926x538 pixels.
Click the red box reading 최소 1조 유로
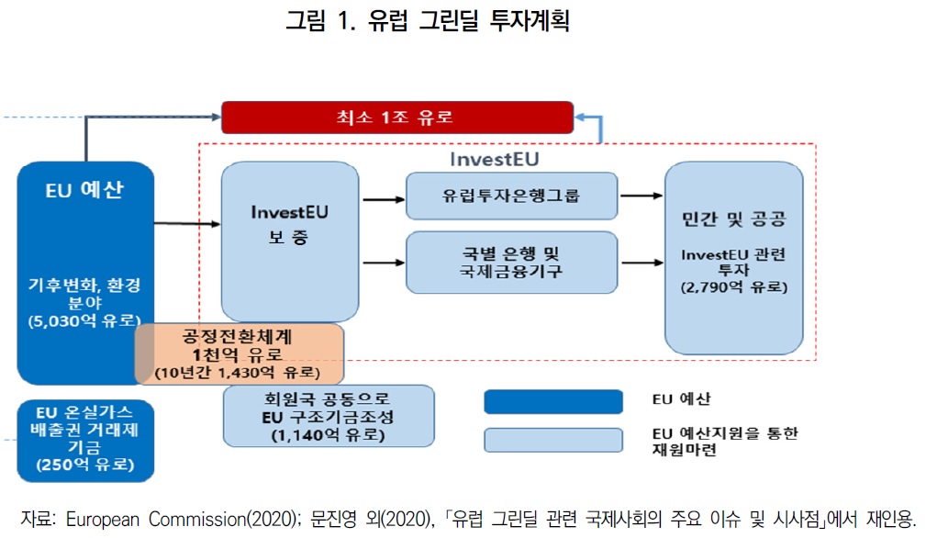tap(396, 118)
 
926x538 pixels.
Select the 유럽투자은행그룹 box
tap(511, 196)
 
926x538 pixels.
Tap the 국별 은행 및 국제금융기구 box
tap(511, 262)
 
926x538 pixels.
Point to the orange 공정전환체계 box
tap(240, 353)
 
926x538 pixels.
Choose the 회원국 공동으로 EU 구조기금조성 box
tap(329, 416)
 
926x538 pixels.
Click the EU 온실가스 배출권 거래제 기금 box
tap(84, 440)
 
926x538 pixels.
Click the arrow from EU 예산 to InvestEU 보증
tap(187, 222)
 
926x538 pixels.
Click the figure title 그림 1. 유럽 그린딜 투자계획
tap(428, 20)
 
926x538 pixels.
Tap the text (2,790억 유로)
tap(733, 287)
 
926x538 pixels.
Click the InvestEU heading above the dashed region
tap(494, 159)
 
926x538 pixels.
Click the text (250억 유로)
tap(84, 465)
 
